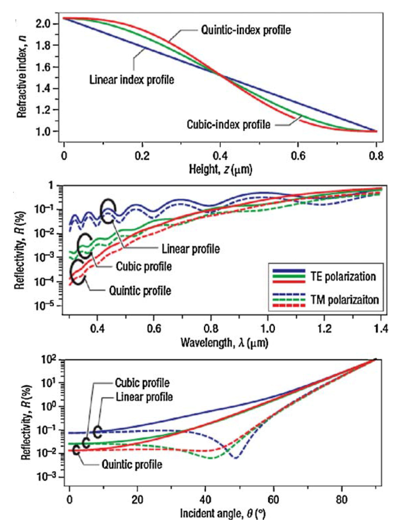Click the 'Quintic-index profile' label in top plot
245,30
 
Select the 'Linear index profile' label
131,80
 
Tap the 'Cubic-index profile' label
228,125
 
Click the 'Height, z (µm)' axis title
220,170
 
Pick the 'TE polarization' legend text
343,276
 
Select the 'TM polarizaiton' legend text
344,300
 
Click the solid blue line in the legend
289,270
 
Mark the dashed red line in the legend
289,305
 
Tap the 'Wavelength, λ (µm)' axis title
224,342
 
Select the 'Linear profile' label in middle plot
190,249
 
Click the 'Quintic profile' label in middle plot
140,291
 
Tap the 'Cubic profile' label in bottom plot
142,383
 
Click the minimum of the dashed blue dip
236,458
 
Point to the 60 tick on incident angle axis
273,499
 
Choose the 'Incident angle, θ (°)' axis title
223,513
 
